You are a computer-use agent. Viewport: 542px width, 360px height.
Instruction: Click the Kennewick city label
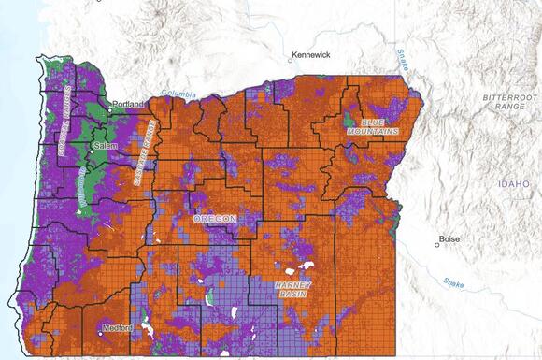click(x=310, y=55)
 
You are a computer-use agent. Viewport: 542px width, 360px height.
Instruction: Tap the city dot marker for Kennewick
click(x=290, y=63)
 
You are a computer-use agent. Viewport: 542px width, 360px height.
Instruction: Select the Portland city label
click(x=129, y=104)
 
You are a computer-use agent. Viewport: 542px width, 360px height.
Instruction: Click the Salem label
click(x=102, y=147)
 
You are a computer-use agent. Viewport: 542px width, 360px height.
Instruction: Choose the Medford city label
click(x=119, y=327)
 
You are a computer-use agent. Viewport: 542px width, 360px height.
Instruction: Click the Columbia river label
click(x=178, y=94)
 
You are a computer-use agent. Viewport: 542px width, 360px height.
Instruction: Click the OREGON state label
click(x=214, y=218)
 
